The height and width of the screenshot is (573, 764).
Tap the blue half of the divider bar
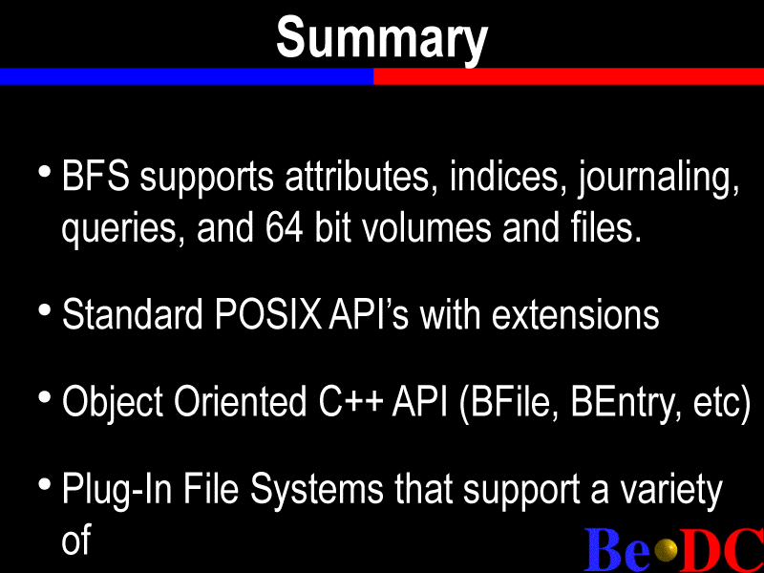click(186, 76)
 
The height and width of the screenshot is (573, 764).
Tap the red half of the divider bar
click(568, 76)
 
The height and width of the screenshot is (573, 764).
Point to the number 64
click(284, 228)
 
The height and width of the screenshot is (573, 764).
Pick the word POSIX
click(267, 314)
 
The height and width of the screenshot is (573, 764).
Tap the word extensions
click(576, 314)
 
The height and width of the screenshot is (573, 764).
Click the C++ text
click(350, 401)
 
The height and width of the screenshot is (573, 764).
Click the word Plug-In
click(117, 490)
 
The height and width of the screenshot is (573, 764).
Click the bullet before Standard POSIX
click(45, 310)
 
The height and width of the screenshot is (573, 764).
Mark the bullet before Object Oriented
click(45, 397)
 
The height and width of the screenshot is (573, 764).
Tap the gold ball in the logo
click(666, 550)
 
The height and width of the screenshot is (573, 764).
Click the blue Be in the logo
click(617, 549)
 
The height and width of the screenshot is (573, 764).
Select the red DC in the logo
click(721, 549)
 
